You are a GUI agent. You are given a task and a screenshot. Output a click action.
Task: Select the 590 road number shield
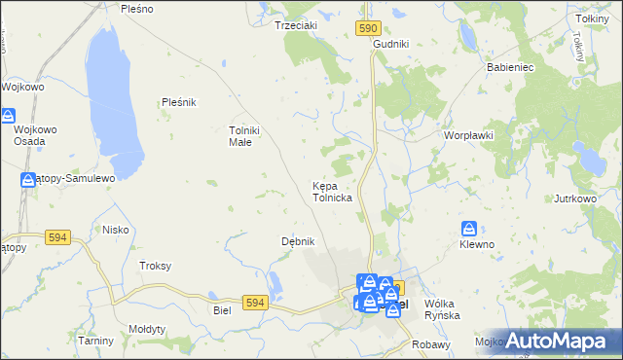[367, 30]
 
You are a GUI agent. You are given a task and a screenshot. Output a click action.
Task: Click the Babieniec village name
[506, 68]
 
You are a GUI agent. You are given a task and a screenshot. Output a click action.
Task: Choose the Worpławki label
[468, 135]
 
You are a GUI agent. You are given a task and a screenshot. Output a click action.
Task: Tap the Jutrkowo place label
[574, 198]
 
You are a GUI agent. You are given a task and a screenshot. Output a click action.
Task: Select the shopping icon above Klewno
[469, 229]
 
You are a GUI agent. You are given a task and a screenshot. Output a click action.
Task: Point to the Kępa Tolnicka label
[332, 191]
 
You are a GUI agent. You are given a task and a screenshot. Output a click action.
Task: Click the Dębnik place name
[298, 240]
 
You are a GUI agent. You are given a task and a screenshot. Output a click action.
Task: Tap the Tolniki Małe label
[240, 136]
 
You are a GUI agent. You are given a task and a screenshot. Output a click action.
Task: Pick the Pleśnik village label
[179, 101]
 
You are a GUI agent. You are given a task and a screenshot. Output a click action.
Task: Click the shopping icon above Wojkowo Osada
[8, 116]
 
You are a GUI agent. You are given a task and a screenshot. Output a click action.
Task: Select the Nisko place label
[116, 230]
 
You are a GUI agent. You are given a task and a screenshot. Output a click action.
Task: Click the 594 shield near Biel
[256, 303]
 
